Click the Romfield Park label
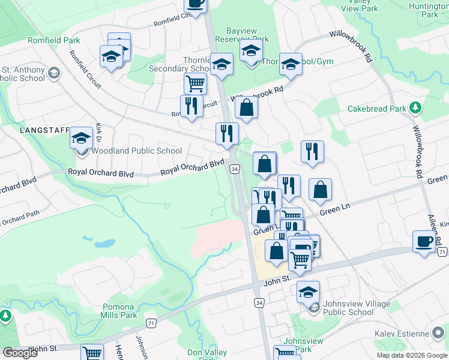click(53, 40)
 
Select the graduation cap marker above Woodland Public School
click(82, 139)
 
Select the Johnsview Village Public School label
click(348, 307)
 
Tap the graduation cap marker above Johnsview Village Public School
click(308, 292)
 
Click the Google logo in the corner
click(20, 353)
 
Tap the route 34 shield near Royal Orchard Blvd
click(235, 170)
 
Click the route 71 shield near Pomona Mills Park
click(150, 323)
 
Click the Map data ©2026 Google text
click(411, 355)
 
